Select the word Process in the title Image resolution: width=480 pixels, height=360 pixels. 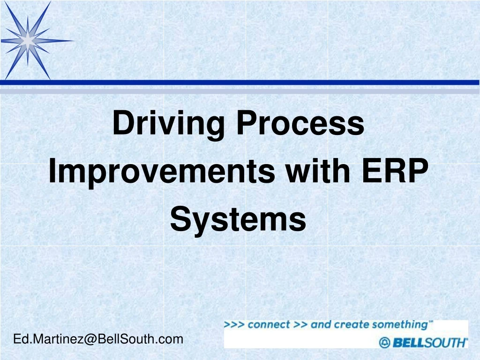[x=300, y=122]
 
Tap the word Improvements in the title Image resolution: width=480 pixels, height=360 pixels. [x=162, y=172]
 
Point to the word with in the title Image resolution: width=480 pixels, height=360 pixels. [x=318, y=170]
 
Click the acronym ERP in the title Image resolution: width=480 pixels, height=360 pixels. [x=395, y=171]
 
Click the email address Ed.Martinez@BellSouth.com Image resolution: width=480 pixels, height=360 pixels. [x=98, y=339]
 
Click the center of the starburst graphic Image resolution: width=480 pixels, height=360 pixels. [x=28, y=40]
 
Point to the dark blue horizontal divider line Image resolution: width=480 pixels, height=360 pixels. [x=240, y=82]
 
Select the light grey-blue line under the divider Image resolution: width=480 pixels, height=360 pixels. [x=240, y=91]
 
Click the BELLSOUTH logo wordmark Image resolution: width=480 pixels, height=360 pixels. [x=430, y=343]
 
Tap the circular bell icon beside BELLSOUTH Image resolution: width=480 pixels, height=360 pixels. [x=384, y=343]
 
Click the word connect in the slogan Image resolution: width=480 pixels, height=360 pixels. [x=269, y=324]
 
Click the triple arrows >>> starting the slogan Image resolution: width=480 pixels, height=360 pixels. [x=234, y=324]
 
